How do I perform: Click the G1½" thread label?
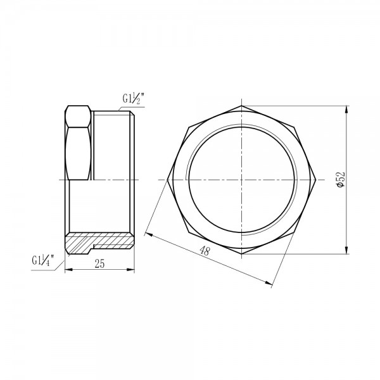pyautogui.click(x=133, y=99)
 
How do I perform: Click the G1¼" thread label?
pyautogui.click(x=44, y=260)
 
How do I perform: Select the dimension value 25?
pyautogui.click(x=99, y=264)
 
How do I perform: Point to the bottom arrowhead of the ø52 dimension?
pyautogui.click(x=347, y=251)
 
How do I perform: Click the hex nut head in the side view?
pyautogui.click(x=79, y=144)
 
